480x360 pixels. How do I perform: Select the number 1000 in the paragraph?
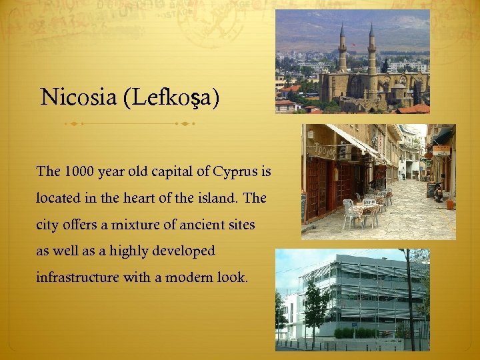point(79,171)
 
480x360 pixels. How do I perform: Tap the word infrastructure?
point(78,277)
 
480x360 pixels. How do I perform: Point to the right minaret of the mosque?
point(371,50)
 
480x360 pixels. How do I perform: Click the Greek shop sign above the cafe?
point(324,151)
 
